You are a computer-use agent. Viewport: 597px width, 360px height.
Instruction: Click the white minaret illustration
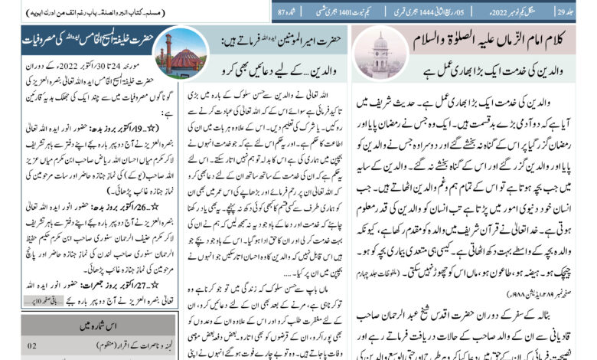point(380,51)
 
